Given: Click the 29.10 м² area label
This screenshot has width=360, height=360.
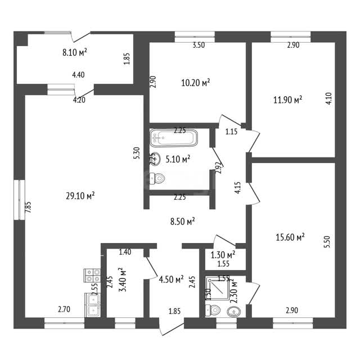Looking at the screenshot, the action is click(x=80, y=196).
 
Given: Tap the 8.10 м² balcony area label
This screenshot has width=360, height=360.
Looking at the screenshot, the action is click(x=75, y=52).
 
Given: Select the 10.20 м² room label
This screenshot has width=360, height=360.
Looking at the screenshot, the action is click(x=196, y=83).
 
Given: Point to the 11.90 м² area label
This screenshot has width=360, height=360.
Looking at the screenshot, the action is click(x=287, y=100).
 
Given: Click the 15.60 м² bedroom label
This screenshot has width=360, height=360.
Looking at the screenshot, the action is click(x=290, y=237).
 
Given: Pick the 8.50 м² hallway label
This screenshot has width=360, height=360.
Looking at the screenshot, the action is click(x=182, y=222).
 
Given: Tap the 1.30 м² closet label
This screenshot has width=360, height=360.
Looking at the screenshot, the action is click(x=223, y=255).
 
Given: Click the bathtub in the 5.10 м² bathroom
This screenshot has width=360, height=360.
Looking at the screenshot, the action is click(x=174, y=138).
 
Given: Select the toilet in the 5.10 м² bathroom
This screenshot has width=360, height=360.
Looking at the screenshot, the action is click(x=157, y=178).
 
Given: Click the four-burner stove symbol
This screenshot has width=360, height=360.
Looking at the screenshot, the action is click(x=92, y=275).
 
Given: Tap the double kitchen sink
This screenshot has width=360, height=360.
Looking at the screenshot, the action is click(x=93, y=305).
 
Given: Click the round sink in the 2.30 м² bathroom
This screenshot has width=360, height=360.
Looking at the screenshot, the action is click(x=234, y=312).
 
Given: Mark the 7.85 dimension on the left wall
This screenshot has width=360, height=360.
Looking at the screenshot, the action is click(x=28, y=208).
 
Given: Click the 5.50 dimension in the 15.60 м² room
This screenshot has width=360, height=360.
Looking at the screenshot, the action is click(x=327, y=241).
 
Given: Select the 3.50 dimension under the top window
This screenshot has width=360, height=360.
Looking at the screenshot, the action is click(x=199, y=45).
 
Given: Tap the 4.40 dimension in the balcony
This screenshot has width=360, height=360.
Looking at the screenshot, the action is click(x=78, y=75).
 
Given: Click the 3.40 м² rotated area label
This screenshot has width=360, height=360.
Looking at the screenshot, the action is click(x=123, y=280).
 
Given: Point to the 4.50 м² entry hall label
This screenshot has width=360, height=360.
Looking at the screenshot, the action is click(x=171, y=280).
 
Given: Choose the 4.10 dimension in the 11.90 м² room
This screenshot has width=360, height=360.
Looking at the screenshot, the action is click(x=328, y=98).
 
